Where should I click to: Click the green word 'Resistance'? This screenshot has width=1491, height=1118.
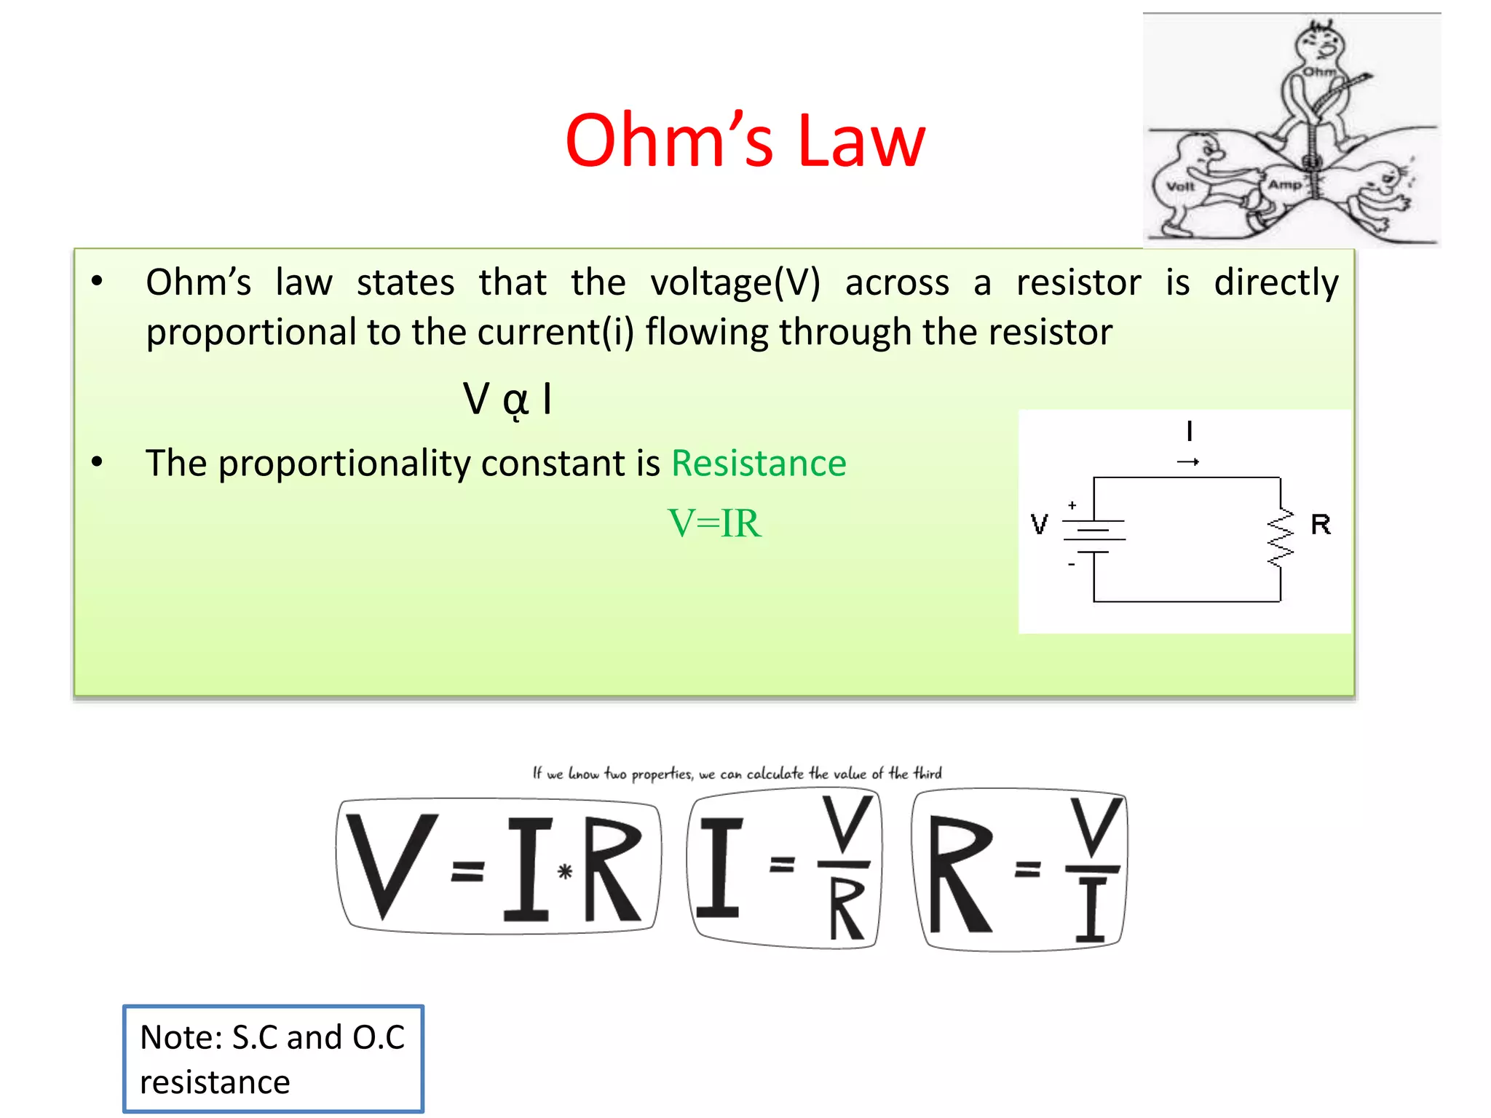click(759, 464)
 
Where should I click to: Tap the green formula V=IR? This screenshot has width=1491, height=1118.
click(714, 523)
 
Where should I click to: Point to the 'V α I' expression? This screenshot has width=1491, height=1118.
click(508, 400)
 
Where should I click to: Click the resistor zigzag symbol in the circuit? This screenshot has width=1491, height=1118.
click(1281, 538)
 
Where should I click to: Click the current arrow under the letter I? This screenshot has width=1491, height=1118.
click(1188, 461)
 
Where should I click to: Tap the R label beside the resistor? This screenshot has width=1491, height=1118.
click(1321, 525)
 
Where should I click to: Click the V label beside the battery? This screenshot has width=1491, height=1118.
click(1040, 525)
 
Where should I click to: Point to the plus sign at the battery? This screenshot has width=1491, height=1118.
click(1072, 504)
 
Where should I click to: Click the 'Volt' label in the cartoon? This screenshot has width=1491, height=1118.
click(1180, 186)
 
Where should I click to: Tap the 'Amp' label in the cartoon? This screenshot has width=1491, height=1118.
click(1284, 185)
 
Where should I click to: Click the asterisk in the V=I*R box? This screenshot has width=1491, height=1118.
click(565, 871)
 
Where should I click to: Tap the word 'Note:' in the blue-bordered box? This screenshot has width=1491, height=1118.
click(181, 1037)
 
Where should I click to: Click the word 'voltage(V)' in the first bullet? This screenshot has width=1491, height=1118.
click(735, 282)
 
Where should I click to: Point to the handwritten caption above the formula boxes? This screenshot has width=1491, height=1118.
click(737, 773)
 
